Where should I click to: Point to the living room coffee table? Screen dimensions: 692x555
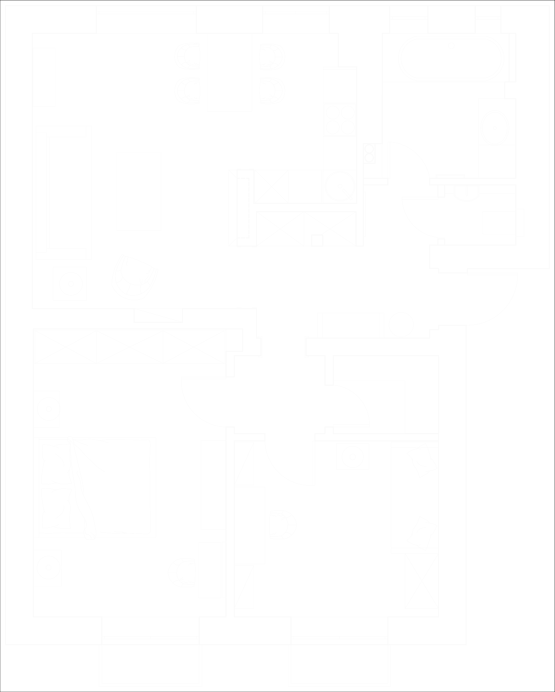tap(139, 192)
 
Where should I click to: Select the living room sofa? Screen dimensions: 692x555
tap(64, 193)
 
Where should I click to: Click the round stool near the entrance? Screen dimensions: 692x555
tap(401, 324)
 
